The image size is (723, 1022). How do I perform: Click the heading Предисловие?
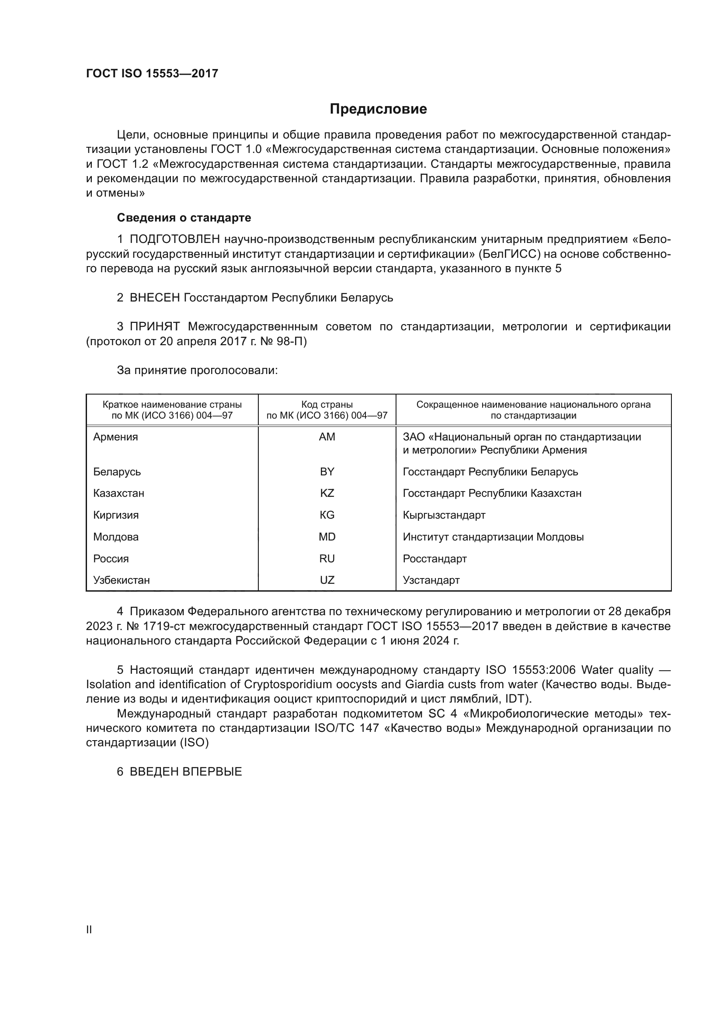pyautogui.click(x=378, y=109)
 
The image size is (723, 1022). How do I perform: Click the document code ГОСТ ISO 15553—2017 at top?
pyautogui.click(x=152, y=74)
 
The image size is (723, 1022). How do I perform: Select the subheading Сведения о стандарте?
pyautogui.click(x=184, y=218)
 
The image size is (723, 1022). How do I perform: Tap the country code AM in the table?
pyautogui.click(x=327, y=437)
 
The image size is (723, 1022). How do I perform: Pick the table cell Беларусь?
pyautogui.click(x=117, y=471)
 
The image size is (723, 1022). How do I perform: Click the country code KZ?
pyautogui.click(x=327, y=493)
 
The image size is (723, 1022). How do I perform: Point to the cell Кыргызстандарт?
pyautogui.click(x=444, y=515)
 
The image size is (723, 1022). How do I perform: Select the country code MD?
pyautogui.click(x=327, y=537)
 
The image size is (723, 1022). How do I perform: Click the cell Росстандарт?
pyautogui.click(x=434, y=559)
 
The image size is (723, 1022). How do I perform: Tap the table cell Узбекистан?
pyautogui.click(x=121, y=580)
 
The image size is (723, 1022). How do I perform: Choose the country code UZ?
pyautogui.click(x=327, y=580)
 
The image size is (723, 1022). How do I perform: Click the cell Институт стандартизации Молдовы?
pyautogui.click(x=493, y=537)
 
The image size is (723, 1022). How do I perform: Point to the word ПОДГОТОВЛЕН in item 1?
pyautogui.click(x=174, y=239)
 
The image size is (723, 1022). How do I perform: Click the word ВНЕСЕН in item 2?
pyautogui.click(x=154, y=298)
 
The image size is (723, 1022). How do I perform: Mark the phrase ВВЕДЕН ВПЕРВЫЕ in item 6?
pyautogui.click(x=186, y=772)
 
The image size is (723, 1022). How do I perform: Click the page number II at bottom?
pyautogui.click(x=89, y=929)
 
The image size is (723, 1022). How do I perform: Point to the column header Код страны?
pyautogui.click(x=327, y=405)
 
